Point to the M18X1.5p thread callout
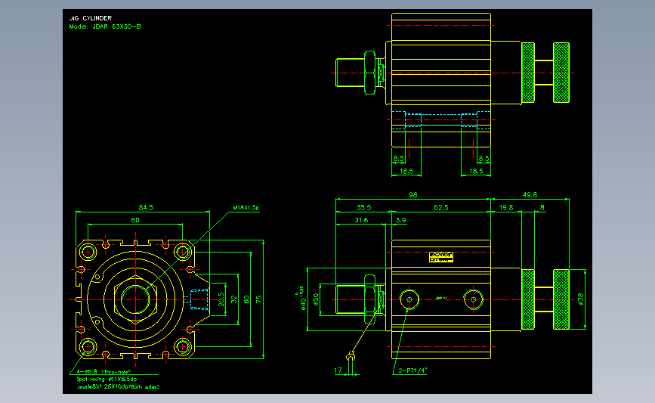246,206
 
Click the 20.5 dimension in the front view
221,299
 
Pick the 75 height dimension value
258,299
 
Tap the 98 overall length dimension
412,195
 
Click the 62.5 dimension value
441,207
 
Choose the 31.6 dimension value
361,220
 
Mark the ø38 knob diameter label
581,299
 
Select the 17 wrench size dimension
338,370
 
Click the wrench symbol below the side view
351,357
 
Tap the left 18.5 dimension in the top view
405,172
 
